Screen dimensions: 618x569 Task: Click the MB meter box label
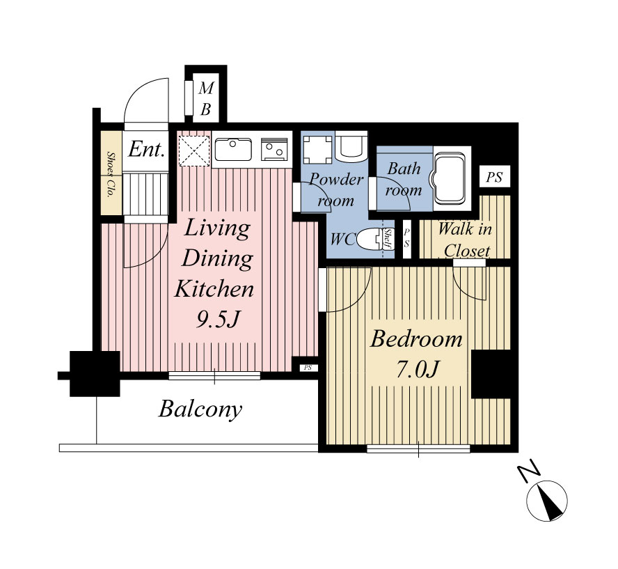tap(206, 99)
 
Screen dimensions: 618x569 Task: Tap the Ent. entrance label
tap(146, 149)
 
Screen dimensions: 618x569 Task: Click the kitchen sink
tap(233, 150)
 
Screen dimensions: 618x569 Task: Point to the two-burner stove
tap(274, 150)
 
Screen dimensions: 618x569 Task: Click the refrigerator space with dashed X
tap(194, 150)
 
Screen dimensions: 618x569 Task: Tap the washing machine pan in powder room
tap(317, 150)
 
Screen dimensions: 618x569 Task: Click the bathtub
tap(451, 178)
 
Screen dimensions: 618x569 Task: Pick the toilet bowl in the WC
tap(370, 240)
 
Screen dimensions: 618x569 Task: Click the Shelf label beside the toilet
tap(388, 239)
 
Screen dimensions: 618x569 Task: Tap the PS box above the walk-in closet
tap(495, 177)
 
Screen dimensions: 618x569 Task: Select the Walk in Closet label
tap(466, 240)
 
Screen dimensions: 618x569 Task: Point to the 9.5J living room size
tap(218, 320)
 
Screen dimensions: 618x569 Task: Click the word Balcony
tap(200, 410)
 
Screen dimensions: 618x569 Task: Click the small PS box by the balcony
tap(308, 368)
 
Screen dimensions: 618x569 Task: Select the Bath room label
tap(404, 180)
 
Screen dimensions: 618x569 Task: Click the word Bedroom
tap(416, 339)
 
